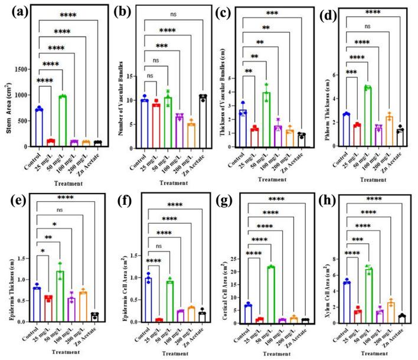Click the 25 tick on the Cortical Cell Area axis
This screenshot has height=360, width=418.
pyautogui.click(x=239, y=258)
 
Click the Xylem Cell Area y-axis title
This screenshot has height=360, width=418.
pyautogui.click(x=322, y=289)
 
